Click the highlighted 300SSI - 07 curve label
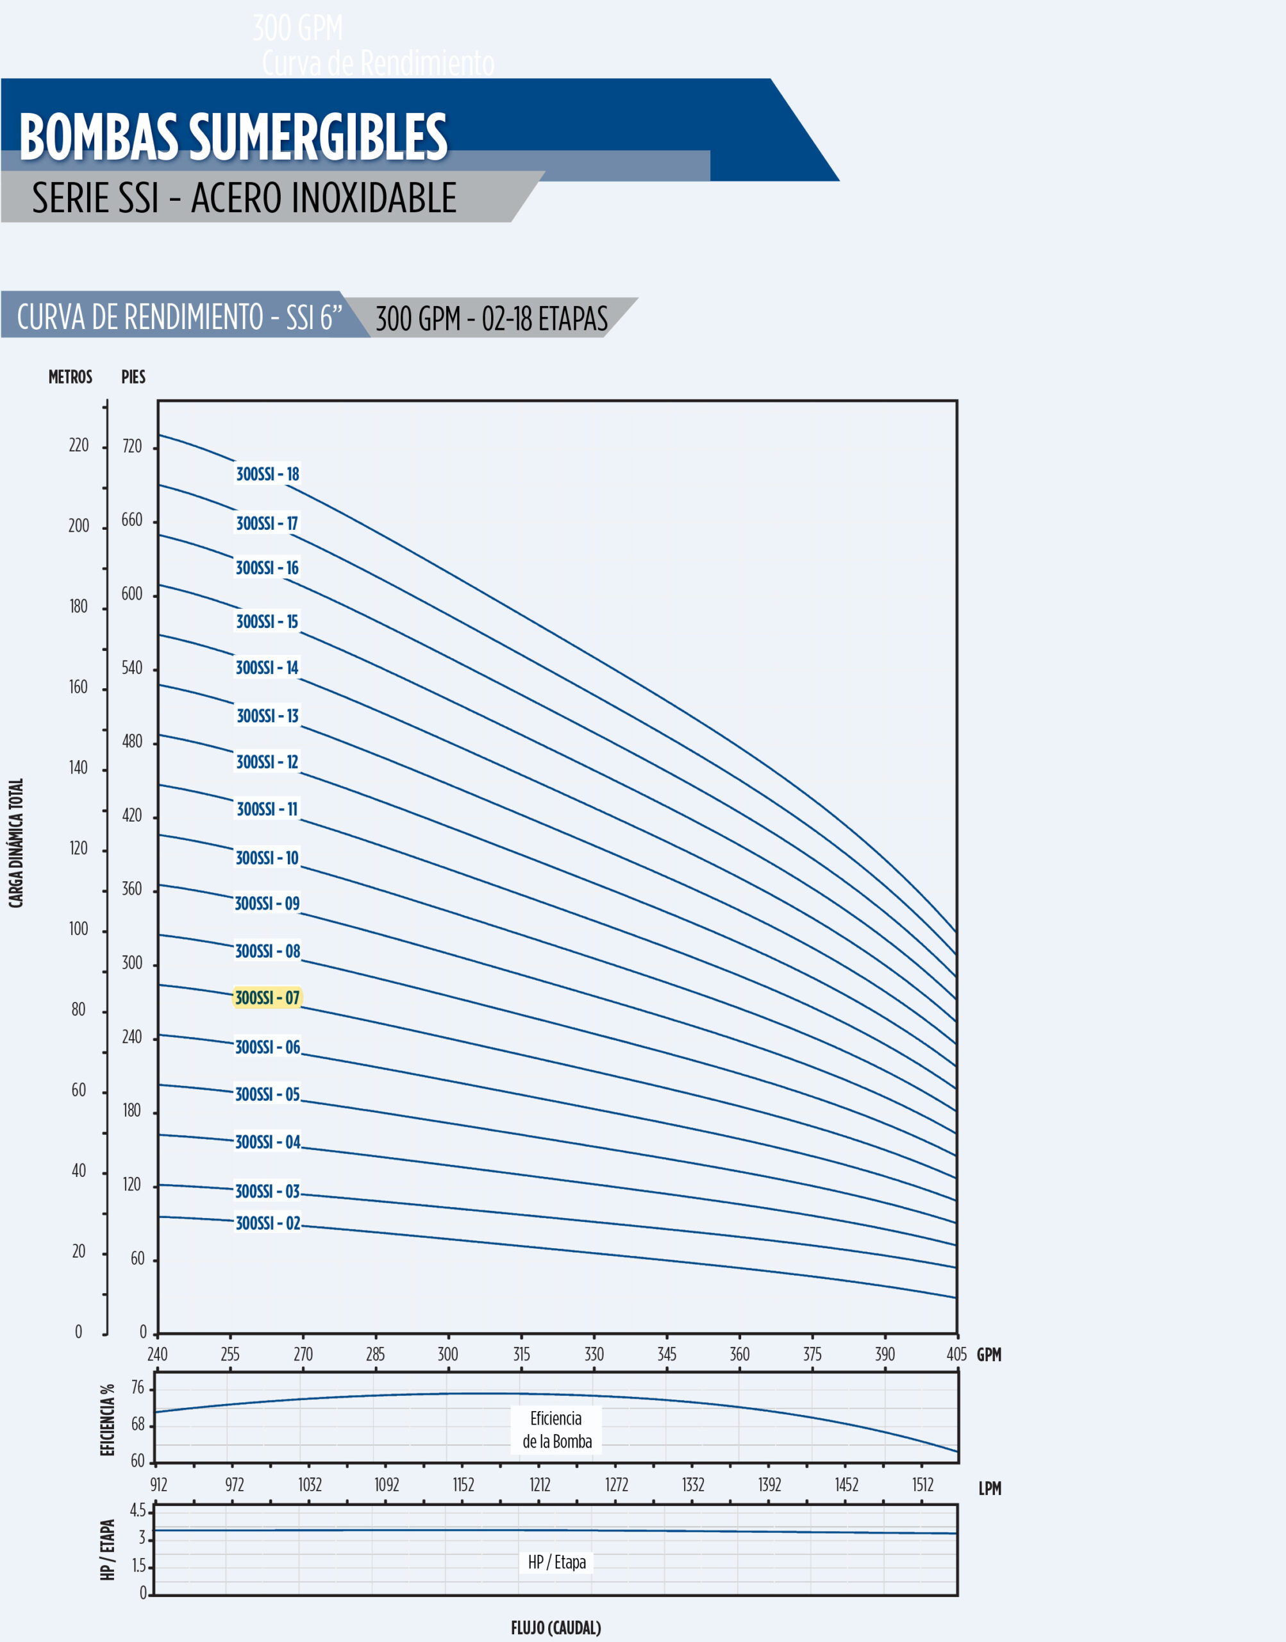tap(267, 998)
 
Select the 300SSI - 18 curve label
tap(267, 474)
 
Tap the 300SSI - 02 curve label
tap(267, 1223)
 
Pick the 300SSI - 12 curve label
tap(267, 761)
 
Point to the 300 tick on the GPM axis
tap(448, 1353)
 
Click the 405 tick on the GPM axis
tap(956, 1353)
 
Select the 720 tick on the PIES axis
tap(132, 446)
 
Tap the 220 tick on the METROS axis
tap(78, 445)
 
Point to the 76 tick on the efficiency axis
tap(137, 1387)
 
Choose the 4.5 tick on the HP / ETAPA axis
tap(138, 1510)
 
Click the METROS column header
tap(70, 377)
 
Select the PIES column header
tap(133, 377)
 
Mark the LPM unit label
tap(989, 1488)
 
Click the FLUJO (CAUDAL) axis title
tap(556, 1628)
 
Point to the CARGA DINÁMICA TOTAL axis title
tap(16, 843)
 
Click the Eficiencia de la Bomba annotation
tap(556, 1430)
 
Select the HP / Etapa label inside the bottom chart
tap(556, 1562)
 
